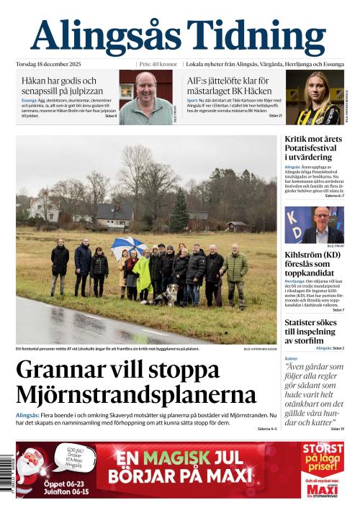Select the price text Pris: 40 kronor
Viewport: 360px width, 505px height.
pos(158,63)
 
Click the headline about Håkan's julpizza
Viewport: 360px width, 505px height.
pos(59,86)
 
